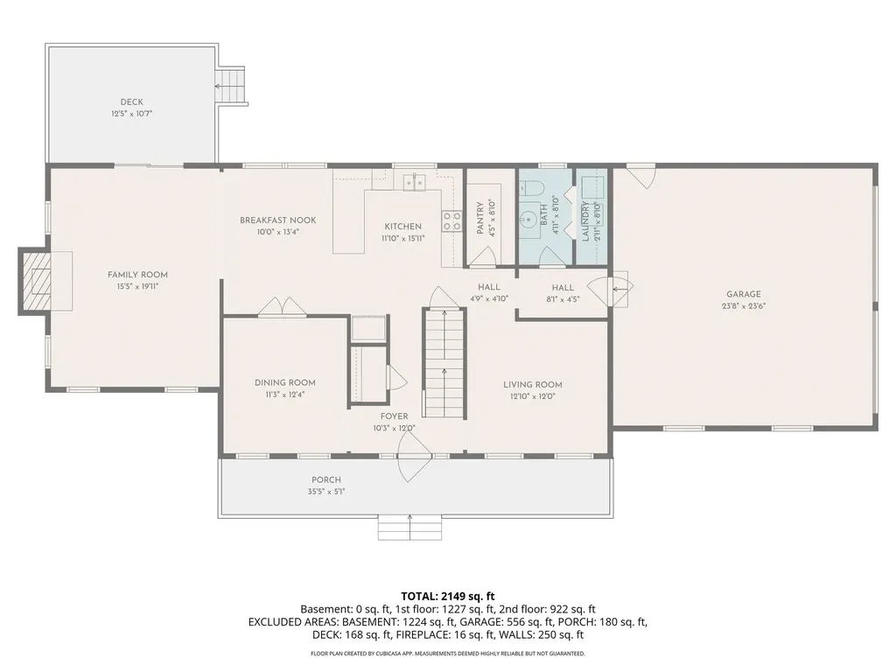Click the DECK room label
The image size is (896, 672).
point(131,101)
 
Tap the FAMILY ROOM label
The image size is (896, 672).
point(137,275)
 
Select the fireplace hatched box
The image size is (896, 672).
point(41,281)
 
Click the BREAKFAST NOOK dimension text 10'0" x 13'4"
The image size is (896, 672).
point(277,232)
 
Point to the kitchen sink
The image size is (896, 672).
point(415,182)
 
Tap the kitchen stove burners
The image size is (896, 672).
point(451,221)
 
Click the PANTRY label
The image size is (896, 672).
point(480,217)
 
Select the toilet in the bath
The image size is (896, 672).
point(528,187)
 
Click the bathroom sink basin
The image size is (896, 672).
point(528,218)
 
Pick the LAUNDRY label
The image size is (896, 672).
point(585,221)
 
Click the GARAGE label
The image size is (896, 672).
point(744,294)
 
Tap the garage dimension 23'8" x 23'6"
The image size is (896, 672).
point(744,305)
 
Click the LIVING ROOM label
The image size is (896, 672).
point(533,385)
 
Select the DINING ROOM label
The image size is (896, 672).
point(285,383)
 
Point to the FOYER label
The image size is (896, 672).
point(395,416)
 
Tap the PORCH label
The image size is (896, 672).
point(326,480)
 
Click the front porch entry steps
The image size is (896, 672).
point(409,527)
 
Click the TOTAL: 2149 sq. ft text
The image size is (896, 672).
point(448,597)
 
